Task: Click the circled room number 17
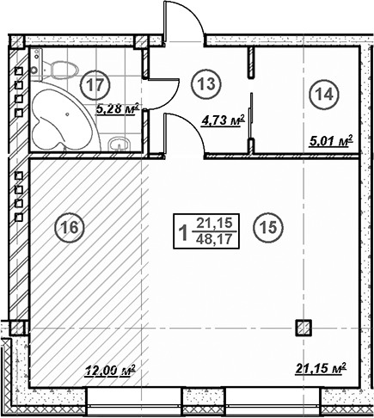tap(96, 85)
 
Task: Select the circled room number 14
tap(322, 95)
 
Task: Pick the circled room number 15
tap(267, 227)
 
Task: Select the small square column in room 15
tap(303, 327)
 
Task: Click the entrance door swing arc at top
tap(183, 19)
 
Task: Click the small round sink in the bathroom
tap(127, 142)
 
